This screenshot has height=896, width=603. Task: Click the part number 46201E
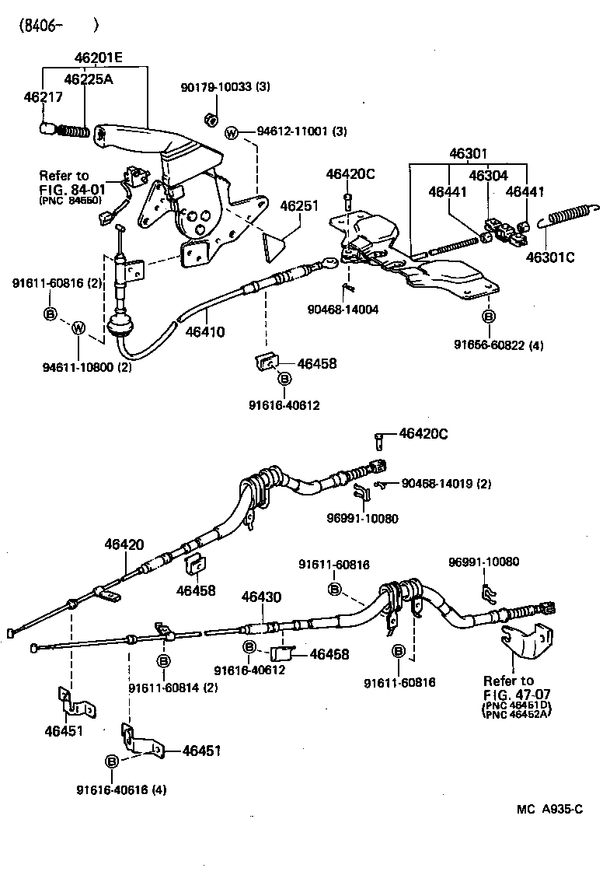(99, 58)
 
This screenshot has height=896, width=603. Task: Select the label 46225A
(87, 79)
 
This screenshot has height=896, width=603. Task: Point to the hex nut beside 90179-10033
(208, 119)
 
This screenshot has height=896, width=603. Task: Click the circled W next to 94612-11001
(232, 132)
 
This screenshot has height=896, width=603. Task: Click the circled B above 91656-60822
(488, 317)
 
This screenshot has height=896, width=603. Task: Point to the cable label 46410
(205, 331)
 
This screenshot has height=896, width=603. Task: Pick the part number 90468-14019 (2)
(446, 484)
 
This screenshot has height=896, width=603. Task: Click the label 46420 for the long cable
(124, 545)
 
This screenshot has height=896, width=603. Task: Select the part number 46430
(261, 597)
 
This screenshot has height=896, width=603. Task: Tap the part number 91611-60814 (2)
(173, 687)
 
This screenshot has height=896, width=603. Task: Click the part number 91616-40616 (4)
(121, 789)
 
